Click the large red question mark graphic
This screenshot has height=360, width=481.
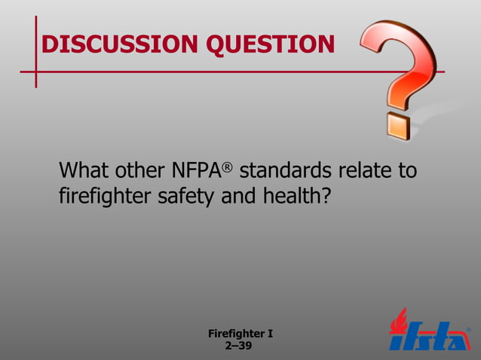pyautogui.click(x=399, y=64)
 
